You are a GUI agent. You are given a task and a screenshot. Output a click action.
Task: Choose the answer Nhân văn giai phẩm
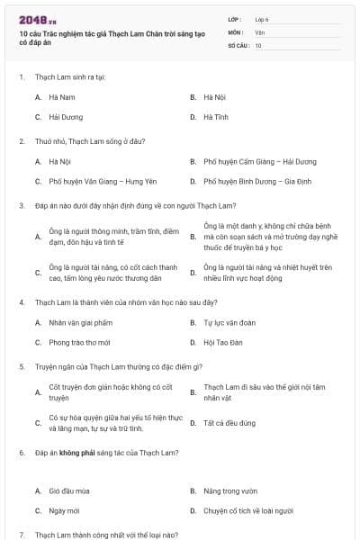[81, 322]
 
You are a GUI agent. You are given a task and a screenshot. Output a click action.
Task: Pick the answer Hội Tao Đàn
[221, 342]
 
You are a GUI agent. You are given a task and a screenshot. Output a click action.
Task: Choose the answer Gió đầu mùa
[69, 490]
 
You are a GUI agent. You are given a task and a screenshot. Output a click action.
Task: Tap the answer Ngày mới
[64, 510]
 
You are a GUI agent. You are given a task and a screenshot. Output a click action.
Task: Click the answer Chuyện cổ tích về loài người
[248, 510]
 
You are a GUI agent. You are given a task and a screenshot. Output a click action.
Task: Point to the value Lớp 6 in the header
[262, 19]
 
